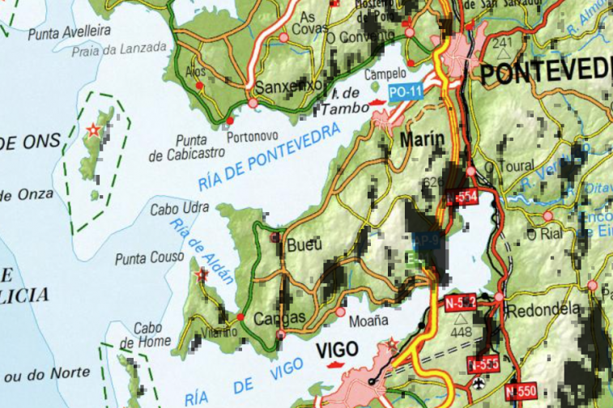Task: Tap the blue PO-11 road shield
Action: [405, 92]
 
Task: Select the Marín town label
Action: [422, 139]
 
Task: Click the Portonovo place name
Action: [253, 137]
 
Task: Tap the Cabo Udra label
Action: [174, 208]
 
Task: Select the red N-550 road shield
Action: [520, 392]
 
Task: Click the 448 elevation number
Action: [459, 333]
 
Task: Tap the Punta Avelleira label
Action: [69, 32]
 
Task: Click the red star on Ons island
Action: [94, 130]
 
